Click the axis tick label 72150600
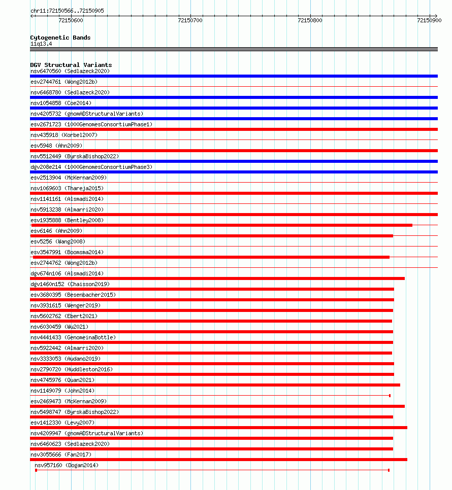coord(71,20)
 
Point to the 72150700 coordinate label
coord(190,20)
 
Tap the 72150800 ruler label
coord(310,20)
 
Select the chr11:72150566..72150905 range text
coord(67,11)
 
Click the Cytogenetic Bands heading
coord(60,38)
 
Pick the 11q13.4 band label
coord(41,44)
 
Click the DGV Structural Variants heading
coord(71,65)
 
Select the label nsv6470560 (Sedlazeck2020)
coord(70,71)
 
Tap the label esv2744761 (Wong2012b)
coord(64,82)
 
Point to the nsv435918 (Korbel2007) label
coord(64,135)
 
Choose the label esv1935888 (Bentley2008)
coord(67,220)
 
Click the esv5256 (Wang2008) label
coord(58,241)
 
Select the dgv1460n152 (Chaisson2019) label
coord(70,284)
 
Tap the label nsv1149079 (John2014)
coord(62,391)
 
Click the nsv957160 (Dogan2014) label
coord(67,465)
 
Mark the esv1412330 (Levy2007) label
coord(62,423)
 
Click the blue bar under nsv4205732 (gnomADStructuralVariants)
coord(234,119)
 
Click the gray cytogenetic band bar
coord(234,49)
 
